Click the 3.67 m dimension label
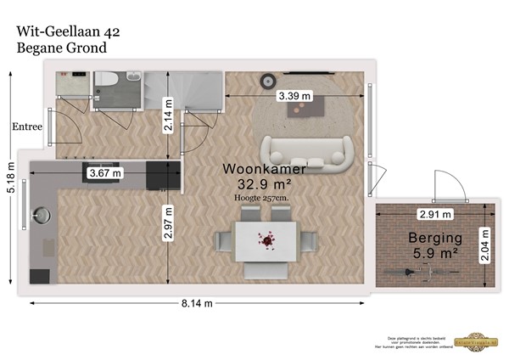pyautogui.click(x=104, y=173)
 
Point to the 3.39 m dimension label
pyautogui.click(x=294, y=97)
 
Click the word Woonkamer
pyautogui.click(x=264, y=169)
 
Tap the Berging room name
pyautogui.click(x=434, y=237)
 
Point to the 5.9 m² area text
pyautogui.click(x=434, y=253)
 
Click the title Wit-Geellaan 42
pyautogui.click(x=69, y=31)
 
